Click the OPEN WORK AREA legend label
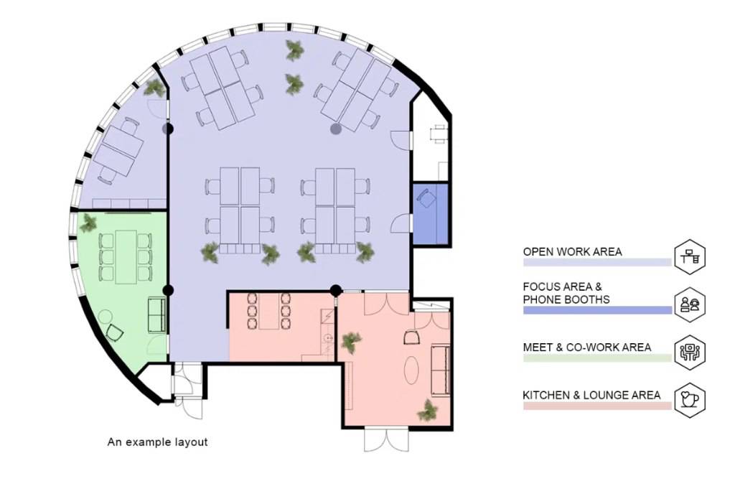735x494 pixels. (x=572, y=252)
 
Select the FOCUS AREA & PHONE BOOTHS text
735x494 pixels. (x=566, y=293)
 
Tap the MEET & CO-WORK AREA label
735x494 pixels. (x=587, y=348)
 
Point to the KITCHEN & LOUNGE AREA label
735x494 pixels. (x=591, y=395)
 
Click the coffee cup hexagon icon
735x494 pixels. (x=690, y=400)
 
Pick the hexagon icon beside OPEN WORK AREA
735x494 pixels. (x=690, y=257)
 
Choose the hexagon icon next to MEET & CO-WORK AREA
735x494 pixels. (x=690, y=352)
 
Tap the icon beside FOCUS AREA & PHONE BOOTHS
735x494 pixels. (x=690, y=304)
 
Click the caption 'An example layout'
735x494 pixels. (x=157, y=442)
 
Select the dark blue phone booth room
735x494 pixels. (x=431, y=214)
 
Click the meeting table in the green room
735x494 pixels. (x=126, y=257)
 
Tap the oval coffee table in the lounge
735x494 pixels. (x=411, y=370)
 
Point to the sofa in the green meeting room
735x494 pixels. (x=157, y=314)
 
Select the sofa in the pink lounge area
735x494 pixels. (x=441, y=370)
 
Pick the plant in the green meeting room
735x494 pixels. (x=88, y=223)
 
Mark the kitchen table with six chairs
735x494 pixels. (x=269, y=311)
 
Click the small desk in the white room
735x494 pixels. (x=439, y=133)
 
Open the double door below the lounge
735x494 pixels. (x=386, y=439)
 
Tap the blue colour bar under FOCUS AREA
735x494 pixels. (x=597, y=310)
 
